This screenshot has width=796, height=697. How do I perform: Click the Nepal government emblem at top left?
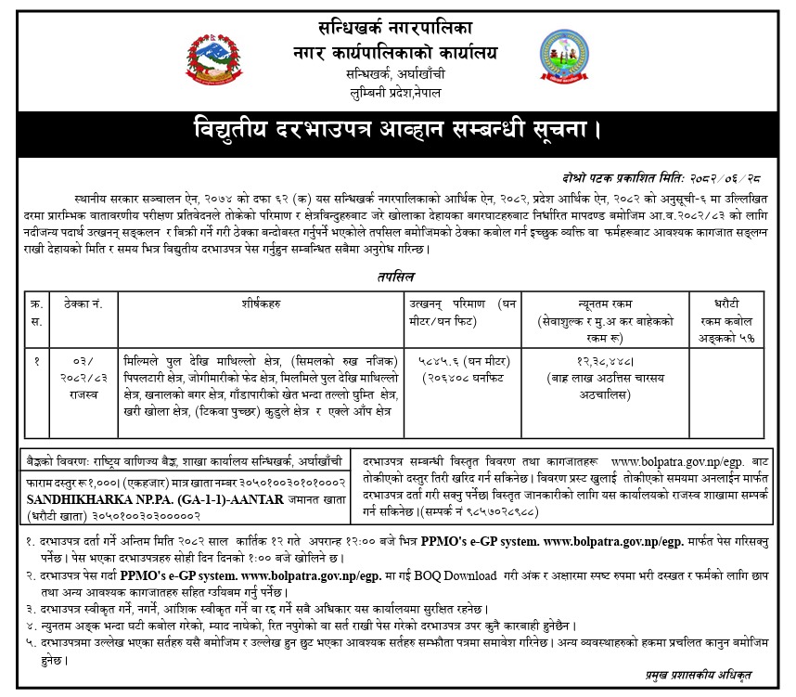point(210,56)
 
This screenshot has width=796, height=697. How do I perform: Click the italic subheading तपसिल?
point(398,277)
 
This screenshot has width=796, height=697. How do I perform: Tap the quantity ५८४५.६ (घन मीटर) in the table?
point(461,361)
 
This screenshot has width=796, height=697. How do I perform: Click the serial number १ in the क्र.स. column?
point(37,361)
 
